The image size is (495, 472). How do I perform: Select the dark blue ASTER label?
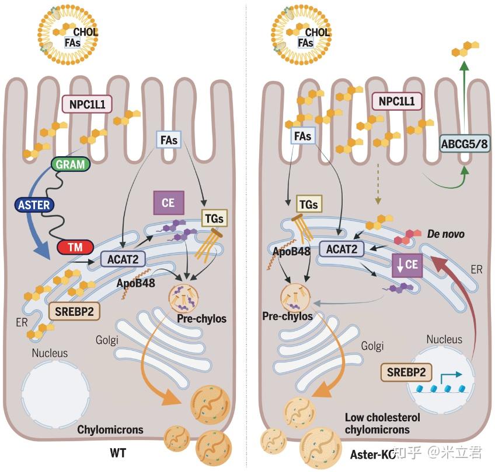(x=33, y=205)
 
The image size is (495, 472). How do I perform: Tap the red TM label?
(x=75, y=248)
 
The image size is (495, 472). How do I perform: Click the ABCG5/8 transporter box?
(x=465, y=142)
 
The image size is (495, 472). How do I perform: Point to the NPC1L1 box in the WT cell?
(x=87, y=105)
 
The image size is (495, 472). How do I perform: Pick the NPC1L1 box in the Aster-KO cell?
(x=396, y=101)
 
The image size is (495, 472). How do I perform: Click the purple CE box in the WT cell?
(x=169, y=203)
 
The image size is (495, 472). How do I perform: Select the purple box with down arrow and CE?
(x=407, y=264)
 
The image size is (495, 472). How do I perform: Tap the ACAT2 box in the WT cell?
(x=122, y=259)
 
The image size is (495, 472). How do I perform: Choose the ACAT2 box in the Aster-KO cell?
(x=341, y=249)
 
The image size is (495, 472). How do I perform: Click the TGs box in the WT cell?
(x=212, y=218)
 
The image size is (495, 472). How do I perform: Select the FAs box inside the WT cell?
(x=168, y=140)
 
